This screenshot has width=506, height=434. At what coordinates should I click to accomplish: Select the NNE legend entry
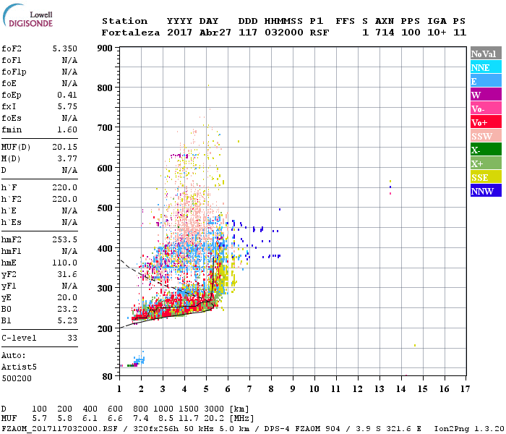tap(480, 67)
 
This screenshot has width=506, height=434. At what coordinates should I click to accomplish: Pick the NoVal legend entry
tap(483, 54)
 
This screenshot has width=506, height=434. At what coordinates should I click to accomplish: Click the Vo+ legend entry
tap(480, 122)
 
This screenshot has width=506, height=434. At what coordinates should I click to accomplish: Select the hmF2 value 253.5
tap(65, 248)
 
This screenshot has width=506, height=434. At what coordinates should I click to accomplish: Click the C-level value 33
tap(72, 338)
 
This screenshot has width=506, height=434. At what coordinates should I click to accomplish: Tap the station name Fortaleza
tap(131, 33)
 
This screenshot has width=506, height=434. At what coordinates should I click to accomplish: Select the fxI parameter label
tap(9, 105)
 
